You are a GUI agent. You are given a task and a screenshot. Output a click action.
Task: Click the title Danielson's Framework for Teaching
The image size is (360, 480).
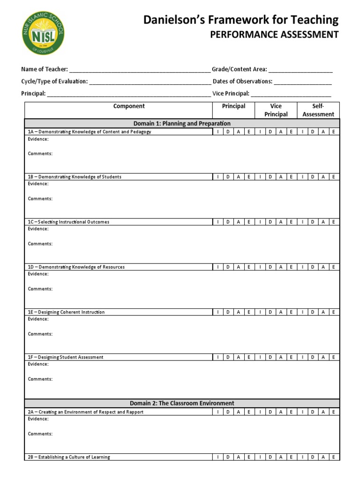pyautogui.click(x=240, y=19)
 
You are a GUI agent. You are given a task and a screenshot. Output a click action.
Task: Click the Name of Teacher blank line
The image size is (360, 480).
pyautogui.click(x=140, y=70)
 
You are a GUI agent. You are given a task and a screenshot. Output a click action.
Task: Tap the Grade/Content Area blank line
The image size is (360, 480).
pyautogui.click(x=300, y=70)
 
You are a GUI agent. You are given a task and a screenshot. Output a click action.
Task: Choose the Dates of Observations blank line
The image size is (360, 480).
pyautogui.click(x=303, y=82)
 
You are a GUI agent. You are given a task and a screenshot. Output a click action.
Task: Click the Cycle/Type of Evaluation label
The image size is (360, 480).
pyautogui.click(x=54, y=82)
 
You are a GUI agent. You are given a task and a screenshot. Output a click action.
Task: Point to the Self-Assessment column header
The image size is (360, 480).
pyautogui.click(x=318, y=110)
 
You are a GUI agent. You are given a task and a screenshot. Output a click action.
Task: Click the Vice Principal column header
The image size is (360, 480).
pyautogui.click(x=276, y=110)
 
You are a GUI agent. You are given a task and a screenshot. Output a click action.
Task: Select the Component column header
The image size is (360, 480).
pyautogui.click(x=129, y=106)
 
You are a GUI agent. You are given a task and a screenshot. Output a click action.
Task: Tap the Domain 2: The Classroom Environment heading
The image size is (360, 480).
pyautogui.click(x=182, y=403)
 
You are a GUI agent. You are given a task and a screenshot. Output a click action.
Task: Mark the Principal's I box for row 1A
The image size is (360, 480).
pyautogui.click(x=217, y=132)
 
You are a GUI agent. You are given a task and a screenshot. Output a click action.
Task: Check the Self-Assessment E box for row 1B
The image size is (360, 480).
pyautogui.click(x=333, y=177)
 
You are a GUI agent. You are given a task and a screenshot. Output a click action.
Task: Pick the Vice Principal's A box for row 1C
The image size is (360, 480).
pyautogui.click(x=280, y=222)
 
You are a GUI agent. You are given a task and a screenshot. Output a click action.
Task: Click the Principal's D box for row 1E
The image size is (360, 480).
pyautogui.click(x=228, y=312)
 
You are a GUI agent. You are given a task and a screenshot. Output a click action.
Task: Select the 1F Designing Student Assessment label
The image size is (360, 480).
pyautogui.click(x=71, y=357)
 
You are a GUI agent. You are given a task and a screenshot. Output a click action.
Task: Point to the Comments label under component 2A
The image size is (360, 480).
pyautogui.click(x=40, y=434)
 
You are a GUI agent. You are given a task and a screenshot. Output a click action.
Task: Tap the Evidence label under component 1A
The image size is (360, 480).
pyautogui.click(x=38, y=139)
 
